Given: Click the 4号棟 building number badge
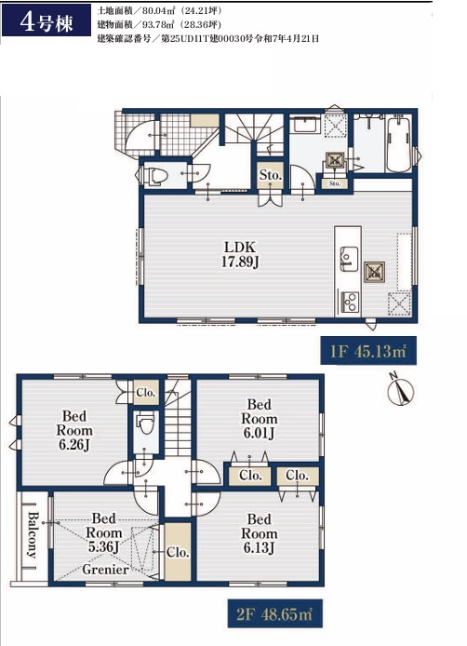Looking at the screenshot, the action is (x=47, y=20).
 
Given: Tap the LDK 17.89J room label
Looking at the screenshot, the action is (x=240, y=254).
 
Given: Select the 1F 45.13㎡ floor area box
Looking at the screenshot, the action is (x=368, y=351).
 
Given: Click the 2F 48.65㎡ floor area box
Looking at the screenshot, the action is (x=274, y=613).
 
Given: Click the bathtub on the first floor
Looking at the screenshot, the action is (x=399, y=143).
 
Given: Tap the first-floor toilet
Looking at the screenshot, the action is (x=155, y=175).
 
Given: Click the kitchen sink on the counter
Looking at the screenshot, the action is (x=349, y=259).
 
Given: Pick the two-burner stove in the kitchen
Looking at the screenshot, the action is (x=349, y=302).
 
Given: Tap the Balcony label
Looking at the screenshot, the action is (x=33, y=534).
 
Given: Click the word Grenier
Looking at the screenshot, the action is (x=105, y=570).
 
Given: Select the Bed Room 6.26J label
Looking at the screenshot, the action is (x=74, y=430).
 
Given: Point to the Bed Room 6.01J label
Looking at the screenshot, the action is (x=259, y=419).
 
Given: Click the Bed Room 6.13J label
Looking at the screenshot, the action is (x=259, y=533).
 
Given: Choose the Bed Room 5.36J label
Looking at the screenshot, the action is (x=104, y=532).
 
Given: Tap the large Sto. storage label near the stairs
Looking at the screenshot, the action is (x=270, y=175).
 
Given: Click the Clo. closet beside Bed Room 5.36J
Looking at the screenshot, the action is (x=178, y=552).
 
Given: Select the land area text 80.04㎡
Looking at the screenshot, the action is (x=159, y=10).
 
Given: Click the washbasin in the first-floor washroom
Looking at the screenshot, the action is (x=304, y=125).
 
